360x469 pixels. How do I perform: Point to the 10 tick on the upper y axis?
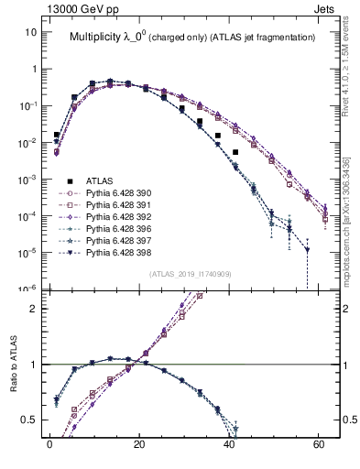point(31,32)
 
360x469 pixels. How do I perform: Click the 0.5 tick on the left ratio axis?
point(29,420)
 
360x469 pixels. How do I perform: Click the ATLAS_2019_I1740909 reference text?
point(190,275)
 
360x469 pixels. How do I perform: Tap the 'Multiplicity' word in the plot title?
point(96,38)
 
